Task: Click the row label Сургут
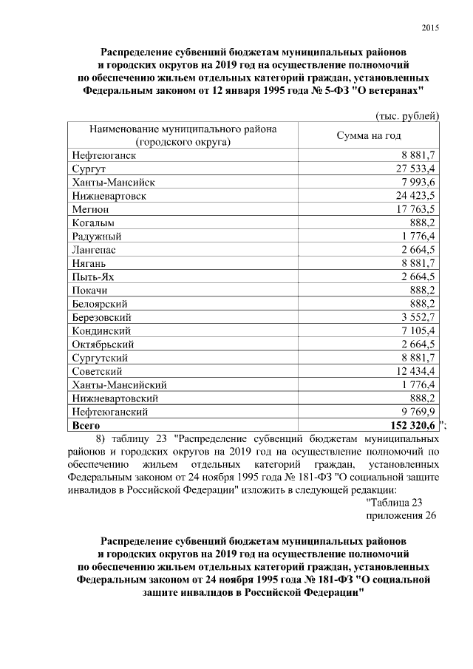(90, 169)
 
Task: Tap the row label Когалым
(94, 223)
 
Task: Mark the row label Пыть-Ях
(93, 276)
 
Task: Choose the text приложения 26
(401, 515)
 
